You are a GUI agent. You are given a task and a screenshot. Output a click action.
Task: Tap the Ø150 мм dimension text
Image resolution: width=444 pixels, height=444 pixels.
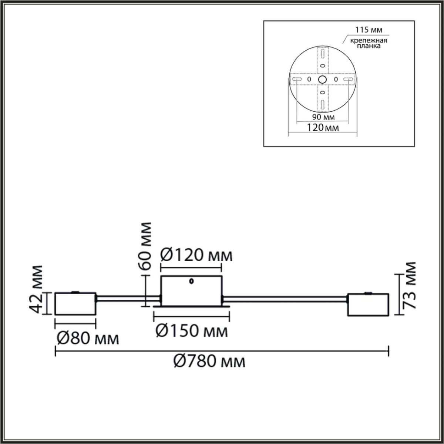pos(191,330)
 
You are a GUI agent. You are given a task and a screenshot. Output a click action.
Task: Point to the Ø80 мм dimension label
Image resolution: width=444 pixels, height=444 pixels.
pos(88,338)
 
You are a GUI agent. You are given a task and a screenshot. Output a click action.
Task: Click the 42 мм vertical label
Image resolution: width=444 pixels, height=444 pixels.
pos(36,289)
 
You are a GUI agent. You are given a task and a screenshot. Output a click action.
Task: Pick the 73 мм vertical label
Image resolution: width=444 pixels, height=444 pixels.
pos(410,285)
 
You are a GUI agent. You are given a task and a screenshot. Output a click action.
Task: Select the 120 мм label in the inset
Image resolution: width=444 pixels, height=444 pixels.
pos(323,128)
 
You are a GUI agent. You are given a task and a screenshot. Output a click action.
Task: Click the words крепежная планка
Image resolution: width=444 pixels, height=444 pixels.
pos(364,44)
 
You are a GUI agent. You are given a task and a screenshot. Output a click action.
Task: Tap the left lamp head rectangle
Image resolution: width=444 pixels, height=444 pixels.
pos(75,304)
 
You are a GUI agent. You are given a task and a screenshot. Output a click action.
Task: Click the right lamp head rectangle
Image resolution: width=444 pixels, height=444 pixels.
pos(368,305)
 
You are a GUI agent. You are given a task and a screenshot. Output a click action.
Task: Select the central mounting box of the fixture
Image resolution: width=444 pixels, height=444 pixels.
pos(191,291)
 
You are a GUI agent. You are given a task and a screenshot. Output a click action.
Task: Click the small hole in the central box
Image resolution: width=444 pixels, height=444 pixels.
pos(191,281)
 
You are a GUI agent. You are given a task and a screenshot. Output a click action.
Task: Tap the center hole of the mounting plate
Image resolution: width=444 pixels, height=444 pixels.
pos(322,79)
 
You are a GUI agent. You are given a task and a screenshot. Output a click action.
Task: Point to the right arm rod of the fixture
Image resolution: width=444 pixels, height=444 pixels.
pos(285,297)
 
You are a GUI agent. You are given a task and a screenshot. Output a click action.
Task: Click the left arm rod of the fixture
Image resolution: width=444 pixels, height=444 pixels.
pos(128,297)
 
